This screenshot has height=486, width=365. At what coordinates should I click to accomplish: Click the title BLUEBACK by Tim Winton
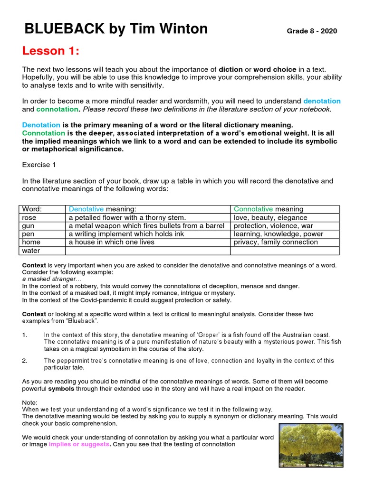[x=116, y=29]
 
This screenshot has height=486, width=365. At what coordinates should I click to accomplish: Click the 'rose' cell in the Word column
[x=29, y=217]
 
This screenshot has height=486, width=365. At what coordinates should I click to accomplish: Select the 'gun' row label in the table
[x=28, y=226]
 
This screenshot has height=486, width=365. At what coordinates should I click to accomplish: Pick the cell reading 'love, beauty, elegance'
[x=270, y=217]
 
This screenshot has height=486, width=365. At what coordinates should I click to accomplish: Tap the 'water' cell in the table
[x=31, y=251]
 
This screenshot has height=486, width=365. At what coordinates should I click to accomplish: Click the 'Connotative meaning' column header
[x=269, y=209]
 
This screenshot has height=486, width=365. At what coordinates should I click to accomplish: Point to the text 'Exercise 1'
[x=38, y=165]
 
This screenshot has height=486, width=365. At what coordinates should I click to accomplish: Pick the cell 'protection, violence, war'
[x=273, y=226]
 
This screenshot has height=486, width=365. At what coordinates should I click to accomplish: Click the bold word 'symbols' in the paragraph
[x=58, y=389]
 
